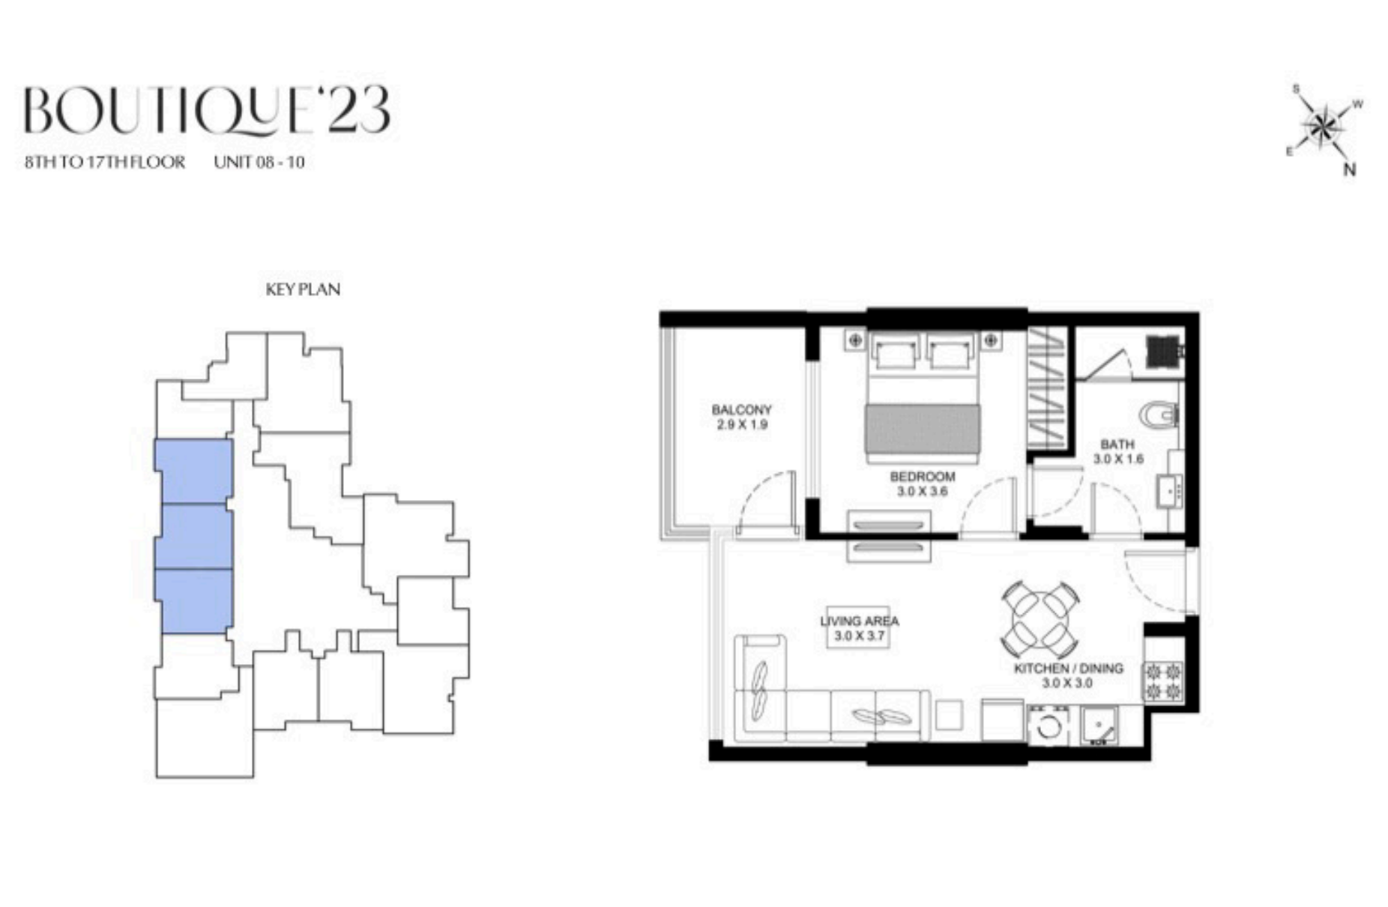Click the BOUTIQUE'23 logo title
pos(207,110)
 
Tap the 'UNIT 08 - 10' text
pos(259,162)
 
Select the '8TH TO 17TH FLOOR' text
pos(105,162)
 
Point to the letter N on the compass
pos(1350,169)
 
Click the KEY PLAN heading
pos(303,289)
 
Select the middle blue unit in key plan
pos(194,537)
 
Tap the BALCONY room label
pos(741,410)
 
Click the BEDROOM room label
pos(923,477)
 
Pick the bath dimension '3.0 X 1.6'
pos(1118,459)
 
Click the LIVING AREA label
pos(859,621)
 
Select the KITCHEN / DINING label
pos(1068,669)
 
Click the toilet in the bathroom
pos(1159,415)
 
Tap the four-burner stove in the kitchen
pos(1162,681)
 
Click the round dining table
pos(1041,619)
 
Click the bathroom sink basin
pos(1170,491)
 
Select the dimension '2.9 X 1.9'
pos(741,424)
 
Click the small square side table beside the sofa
pos(949,714)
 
